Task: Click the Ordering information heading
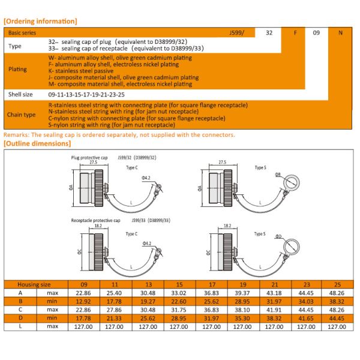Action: coord(40,21)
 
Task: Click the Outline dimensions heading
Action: coord(37,143)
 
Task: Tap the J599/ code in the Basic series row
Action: coord(236,32)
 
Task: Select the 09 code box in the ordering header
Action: coord(316,32)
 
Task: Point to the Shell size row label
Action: coord(20,94)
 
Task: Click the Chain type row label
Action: coord(21,115)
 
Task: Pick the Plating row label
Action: coord(17,69)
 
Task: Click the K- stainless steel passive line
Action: coord(81,71)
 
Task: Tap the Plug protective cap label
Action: coord(89,158)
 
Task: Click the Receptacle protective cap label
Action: coord(95,220)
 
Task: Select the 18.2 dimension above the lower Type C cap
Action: coord(98,226)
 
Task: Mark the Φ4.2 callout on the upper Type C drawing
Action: coord(146,178)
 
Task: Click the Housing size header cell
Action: coord(34,284)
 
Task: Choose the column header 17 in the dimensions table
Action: coord(212,284)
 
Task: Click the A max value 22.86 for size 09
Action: coord(83,293)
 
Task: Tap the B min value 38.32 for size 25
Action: coord(337,301)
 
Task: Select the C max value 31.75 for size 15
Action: coord(179,310)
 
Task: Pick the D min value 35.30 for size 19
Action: coord(242,318)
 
